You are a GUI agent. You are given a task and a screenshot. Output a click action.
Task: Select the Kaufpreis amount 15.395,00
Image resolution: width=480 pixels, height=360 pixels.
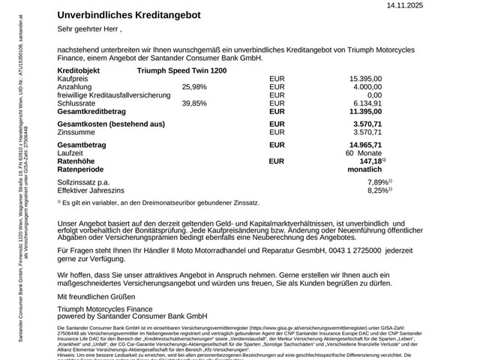(x=365, y=78)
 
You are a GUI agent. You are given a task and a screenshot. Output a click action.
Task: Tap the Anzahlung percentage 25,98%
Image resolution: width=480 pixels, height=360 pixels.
(x=194, y=87)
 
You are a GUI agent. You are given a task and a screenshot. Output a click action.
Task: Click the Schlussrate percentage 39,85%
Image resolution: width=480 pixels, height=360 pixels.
(x=194, y=103)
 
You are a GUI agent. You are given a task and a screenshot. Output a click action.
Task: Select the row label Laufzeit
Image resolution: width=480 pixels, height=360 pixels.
(x=71, y=153)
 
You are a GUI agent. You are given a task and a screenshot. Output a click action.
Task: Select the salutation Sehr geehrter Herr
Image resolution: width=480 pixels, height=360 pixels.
(x=87, y=30)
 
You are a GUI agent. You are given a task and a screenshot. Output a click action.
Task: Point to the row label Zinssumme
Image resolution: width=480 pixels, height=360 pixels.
(x=76, y=131)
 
